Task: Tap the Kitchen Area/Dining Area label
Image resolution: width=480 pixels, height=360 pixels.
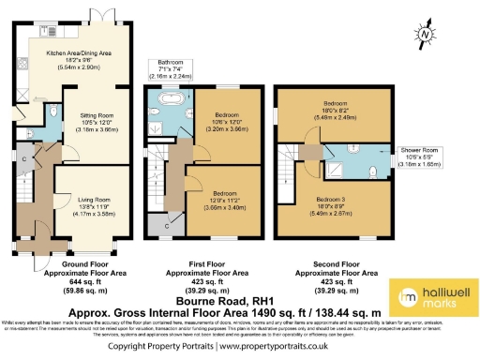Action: [79, 60]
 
